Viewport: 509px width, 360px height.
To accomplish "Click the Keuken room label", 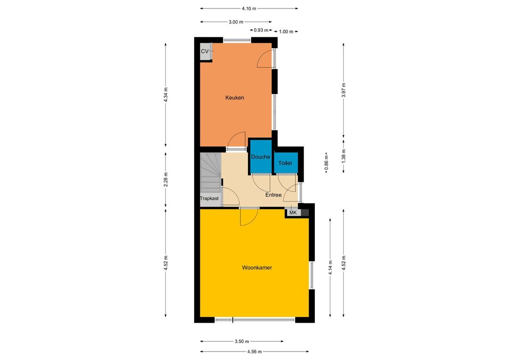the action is tap(235, 98).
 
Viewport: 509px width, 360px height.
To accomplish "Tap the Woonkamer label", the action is tap(257, 268).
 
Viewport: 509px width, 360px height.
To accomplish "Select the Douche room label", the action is tap(261, 157).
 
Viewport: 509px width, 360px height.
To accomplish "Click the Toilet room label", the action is tap(285, 163).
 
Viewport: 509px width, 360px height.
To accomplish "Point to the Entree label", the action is tap(273, 195).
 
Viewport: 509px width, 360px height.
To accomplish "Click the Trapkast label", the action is tap(209, 198).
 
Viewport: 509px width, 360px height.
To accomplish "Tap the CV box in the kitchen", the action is tap(206, 52).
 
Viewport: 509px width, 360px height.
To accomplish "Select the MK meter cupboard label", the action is tap(293, 213).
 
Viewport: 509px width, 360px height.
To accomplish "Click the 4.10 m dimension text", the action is tap(249, 8).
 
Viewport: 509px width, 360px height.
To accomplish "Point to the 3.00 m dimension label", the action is tap(236, 22).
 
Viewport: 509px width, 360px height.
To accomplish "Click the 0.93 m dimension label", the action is tap(261, 30).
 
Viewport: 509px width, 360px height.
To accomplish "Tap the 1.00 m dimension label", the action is tap(286, 32).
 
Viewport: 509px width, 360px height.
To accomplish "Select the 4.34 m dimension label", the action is tap(165, 95).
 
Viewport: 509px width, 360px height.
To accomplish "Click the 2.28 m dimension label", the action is tap(165, 180).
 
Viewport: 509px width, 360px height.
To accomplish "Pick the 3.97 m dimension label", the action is tap(344, 90).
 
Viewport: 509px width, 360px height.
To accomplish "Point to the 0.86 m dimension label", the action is tap(326, 162).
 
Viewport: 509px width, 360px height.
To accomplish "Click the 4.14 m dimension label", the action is tap(330, 268).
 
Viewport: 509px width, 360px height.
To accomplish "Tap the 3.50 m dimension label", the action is tap(242, 341).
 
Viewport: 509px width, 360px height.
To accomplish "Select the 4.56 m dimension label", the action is tap(254, 351).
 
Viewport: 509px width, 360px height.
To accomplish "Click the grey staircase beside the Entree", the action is tap(210, 173).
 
